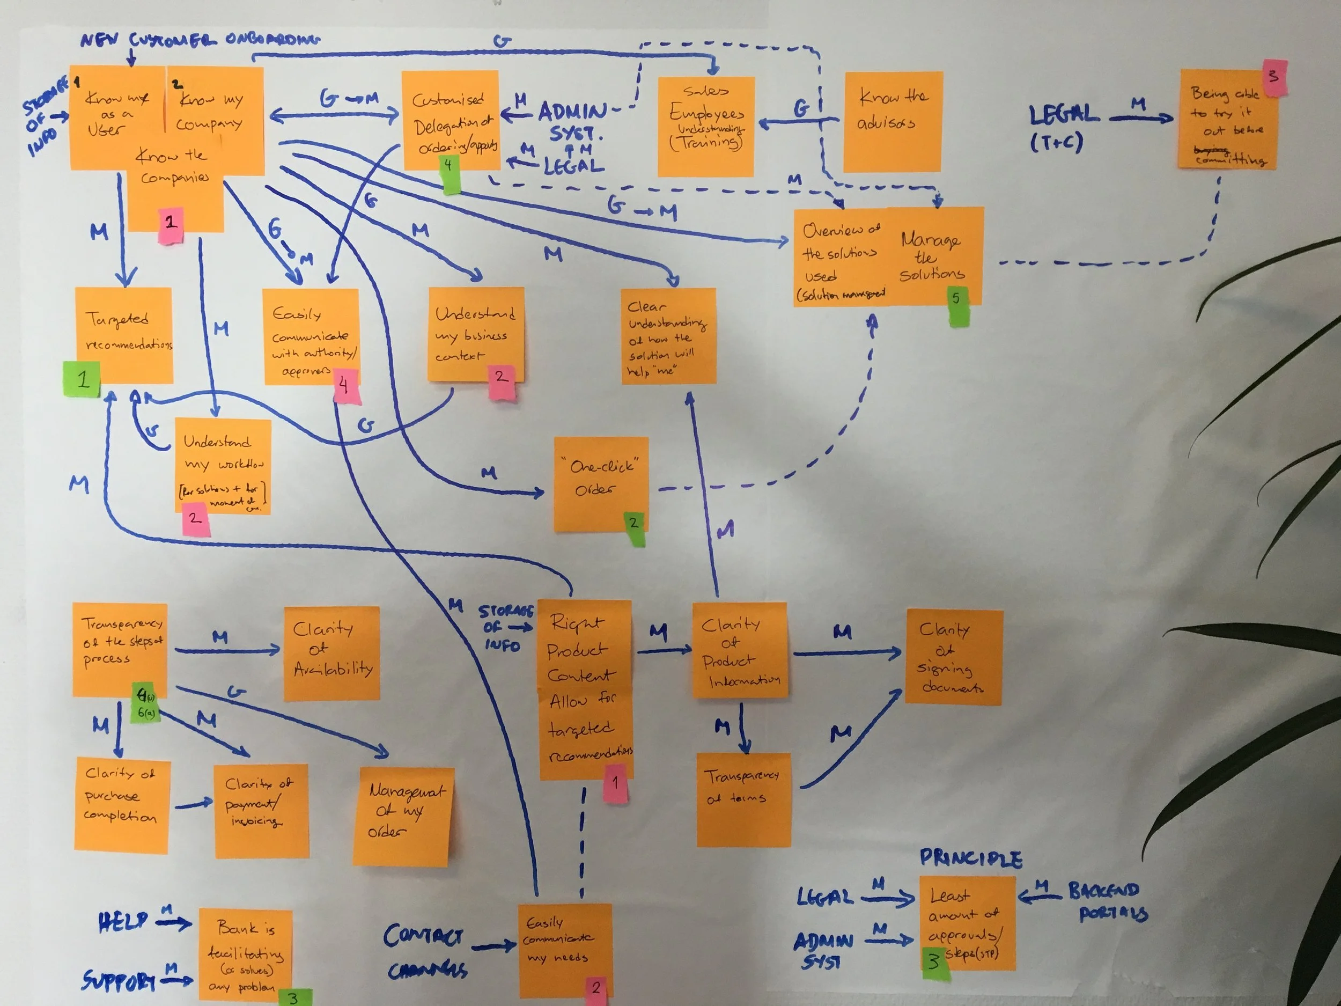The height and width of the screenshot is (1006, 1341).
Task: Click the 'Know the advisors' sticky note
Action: pos(893,121)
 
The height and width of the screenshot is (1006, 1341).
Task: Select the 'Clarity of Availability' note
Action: pos(331,653)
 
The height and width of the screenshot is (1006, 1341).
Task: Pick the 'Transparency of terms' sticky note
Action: pos(743,799)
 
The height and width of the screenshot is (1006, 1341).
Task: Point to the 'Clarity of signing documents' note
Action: pos(953,657)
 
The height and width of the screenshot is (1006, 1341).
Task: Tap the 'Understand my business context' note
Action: pos(475,334)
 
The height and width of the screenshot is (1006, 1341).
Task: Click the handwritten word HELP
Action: pos(123,922)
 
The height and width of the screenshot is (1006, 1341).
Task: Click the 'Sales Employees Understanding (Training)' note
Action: pos(706,126)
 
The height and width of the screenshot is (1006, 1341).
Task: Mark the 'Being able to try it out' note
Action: pos(1228,124)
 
